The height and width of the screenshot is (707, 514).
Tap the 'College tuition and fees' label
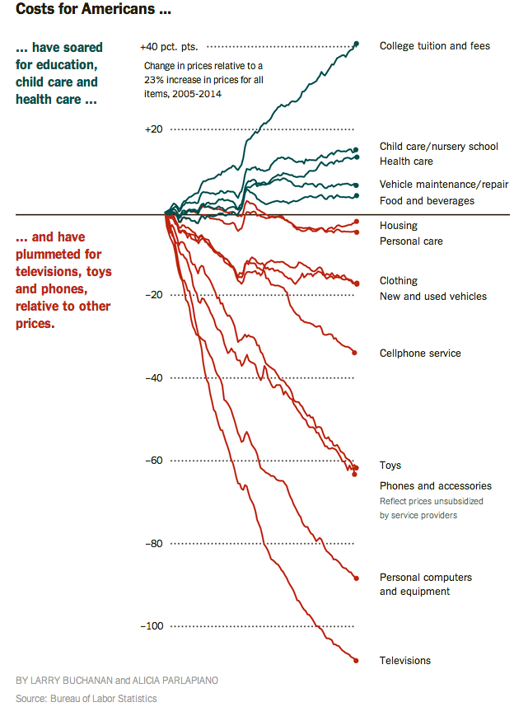(x=434, y=46)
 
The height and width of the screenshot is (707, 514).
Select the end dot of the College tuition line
(x=356, y=44)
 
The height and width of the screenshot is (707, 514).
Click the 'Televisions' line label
(x=404, y=661)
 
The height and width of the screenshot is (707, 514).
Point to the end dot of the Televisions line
(x=356, y=660)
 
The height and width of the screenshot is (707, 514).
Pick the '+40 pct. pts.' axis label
(x=169, y=47)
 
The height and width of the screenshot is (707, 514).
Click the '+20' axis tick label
(x=153, y=129)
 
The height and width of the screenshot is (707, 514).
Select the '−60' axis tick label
(x=153, y=461)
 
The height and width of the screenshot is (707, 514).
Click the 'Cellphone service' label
(x=420, y=353)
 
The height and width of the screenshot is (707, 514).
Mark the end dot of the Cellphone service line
(x=355, y=353)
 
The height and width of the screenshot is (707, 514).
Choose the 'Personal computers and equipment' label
(x=425, y=584)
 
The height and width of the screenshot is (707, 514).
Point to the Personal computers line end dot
(x=356, y=578)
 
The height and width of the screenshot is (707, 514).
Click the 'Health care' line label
(x=406, y=162)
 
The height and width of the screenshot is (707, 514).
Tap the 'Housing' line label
(x=398, y=226)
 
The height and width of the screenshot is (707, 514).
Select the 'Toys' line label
(x=390, y=466)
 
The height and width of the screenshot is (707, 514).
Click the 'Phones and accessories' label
(x=435, y=486)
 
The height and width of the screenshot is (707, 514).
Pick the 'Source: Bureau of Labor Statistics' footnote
(x=86, y=699)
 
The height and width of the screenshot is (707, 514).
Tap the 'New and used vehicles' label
(x=432, y=297)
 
